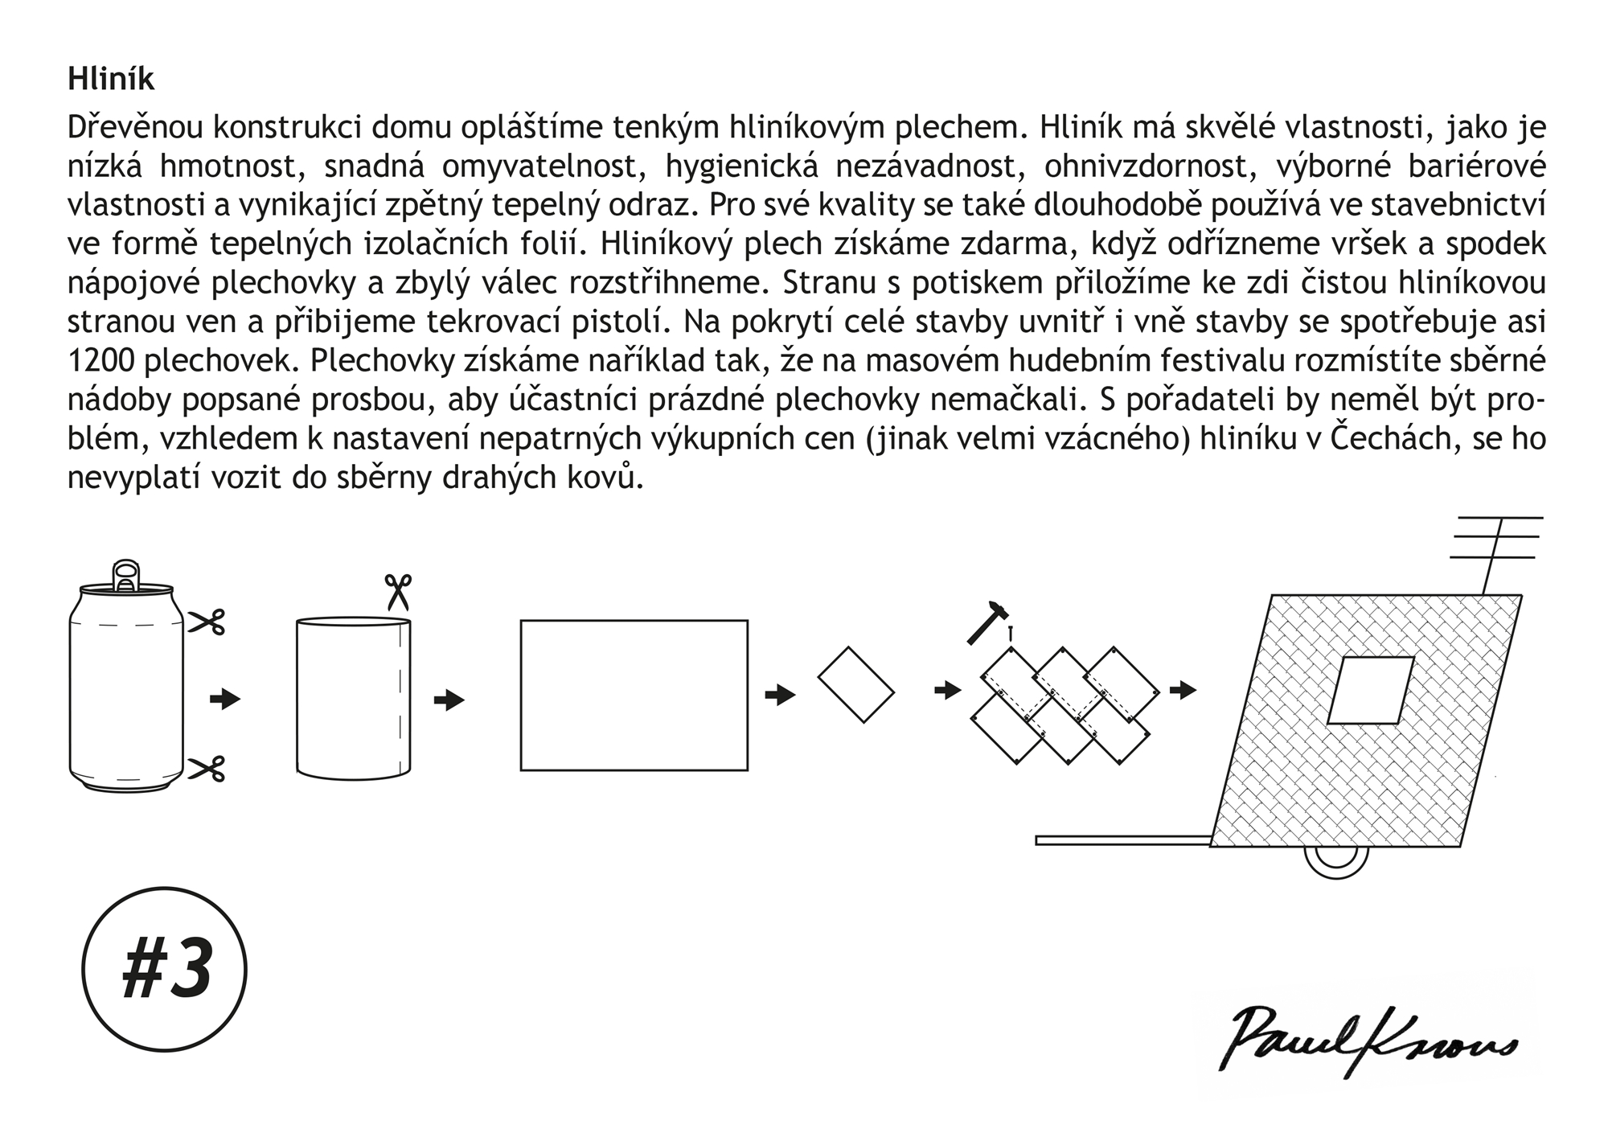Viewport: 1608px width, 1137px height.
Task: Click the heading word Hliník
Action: pos(111,80)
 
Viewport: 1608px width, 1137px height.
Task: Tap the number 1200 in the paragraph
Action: pos(101,362)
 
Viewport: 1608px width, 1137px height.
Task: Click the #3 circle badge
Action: pos(165,969)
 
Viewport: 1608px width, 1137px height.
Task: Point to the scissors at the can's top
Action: pos(207,622)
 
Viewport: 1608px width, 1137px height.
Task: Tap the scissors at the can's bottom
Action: pos(207,769)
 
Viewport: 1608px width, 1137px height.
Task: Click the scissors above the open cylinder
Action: pos(397,592)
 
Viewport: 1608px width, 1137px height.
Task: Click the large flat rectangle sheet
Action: pos(634,695)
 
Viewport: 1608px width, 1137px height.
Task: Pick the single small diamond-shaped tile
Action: pos(855,684)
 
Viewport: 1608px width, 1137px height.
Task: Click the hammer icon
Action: pos(987,621)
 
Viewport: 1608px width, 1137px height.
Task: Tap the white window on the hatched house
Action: pos(1369,690)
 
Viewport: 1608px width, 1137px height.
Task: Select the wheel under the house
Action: pos(1335,861)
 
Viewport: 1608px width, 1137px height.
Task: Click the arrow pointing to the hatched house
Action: pos(1183,690)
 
